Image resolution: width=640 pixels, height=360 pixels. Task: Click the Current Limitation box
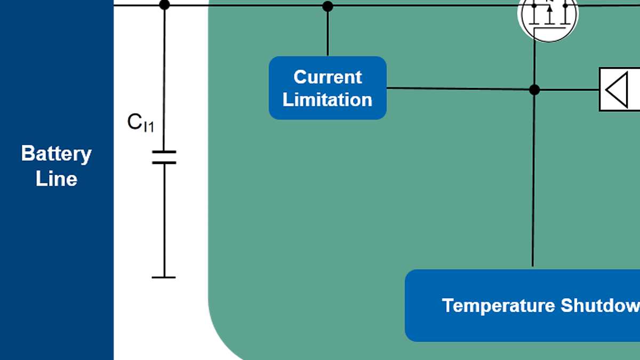point(327,88)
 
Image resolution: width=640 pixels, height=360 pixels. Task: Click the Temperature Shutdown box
point(523,306)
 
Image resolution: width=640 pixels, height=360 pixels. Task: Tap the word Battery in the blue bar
point(56,154)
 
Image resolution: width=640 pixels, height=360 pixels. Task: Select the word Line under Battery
point(56,179)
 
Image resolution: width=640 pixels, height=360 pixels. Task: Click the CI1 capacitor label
point(140,123)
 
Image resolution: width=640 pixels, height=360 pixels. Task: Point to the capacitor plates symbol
point(164,157)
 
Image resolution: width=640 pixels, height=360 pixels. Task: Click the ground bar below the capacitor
point(164,277)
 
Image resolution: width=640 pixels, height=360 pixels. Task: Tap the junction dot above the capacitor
point(164,5)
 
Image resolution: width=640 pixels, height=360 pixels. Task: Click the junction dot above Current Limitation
point(327,6)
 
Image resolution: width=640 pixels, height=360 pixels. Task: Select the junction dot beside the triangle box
point(534,90)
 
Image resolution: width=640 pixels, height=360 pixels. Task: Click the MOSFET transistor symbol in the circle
point(548,15)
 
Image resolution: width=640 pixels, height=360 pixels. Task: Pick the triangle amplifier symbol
point(618,90)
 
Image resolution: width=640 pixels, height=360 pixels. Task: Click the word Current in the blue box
point(327,77)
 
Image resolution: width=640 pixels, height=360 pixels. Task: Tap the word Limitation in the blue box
point(327,100)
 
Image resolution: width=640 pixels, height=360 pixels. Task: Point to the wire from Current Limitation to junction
point(459,89)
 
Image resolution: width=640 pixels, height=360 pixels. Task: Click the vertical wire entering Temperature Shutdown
point(533,187)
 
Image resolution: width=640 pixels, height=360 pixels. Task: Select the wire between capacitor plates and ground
point(164,219)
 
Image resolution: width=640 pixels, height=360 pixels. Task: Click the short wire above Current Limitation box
point(327,32)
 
